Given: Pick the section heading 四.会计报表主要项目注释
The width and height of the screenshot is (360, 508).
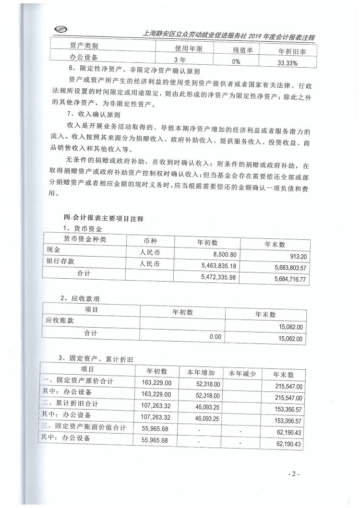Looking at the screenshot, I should pyautogui.click(x=98, y=218).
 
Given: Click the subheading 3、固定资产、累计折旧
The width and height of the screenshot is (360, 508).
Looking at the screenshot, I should pyautogui.click(x=96, y=359).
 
